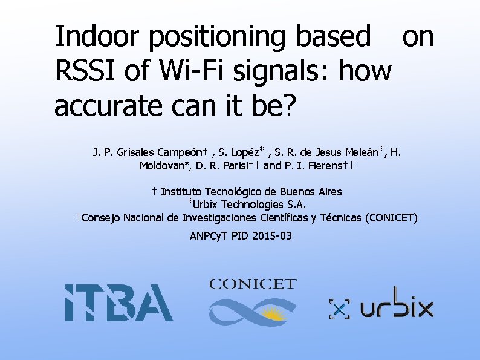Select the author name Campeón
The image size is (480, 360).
(185, 152)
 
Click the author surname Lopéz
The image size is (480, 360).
(246, 152)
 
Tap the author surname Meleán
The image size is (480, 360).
(361, 152)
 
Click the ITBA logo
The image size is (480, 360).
(118, 303)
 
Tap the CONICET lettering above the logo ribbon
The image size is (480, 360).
(253, 284)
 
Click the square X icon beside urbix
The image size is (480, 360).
(340, 309)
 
